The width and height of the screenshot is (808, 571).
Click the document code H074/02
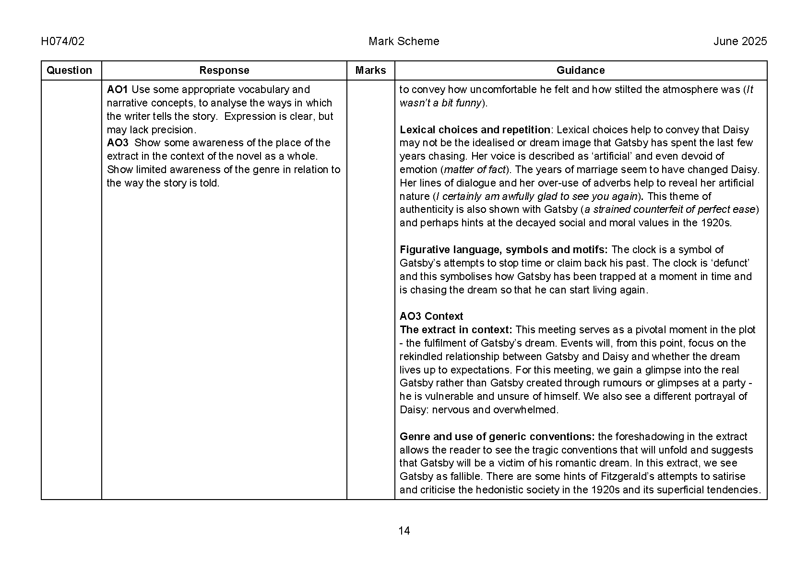click(x=63, y=41)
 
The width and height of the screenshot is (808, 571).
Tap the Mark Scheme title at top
click(x=404, y=41)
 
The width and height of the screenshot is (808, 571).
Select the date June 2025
click(x=740, y=41)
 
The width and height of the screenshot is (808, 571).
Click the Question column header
click(x=69, y=70)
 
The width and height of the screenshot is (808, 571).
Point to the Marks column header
click(x=370, y=70)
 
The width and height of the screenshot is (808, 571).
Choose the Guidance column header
click(x=580, y=70)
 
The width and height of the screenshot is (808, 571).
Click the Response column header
click(x=224, y=70)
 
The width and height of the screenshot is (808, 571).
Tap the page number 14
click(x=404, y=531)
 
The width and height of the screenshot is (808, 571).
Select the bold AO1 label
click(x=117, y=90)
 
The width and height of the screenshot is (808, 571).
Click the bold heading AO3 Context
click(x=431, y=316)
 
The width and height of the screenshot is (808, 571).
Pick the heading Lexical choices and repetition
click(x=475, y=130)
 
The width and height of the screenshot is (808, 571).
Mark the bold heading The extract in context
click(x=456, y=330)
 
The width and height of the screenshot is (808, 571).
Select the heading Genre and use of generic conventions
click(x=497, y=437)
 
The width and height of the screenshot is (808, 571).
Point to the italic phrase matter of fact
click(x=475, y=170)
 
